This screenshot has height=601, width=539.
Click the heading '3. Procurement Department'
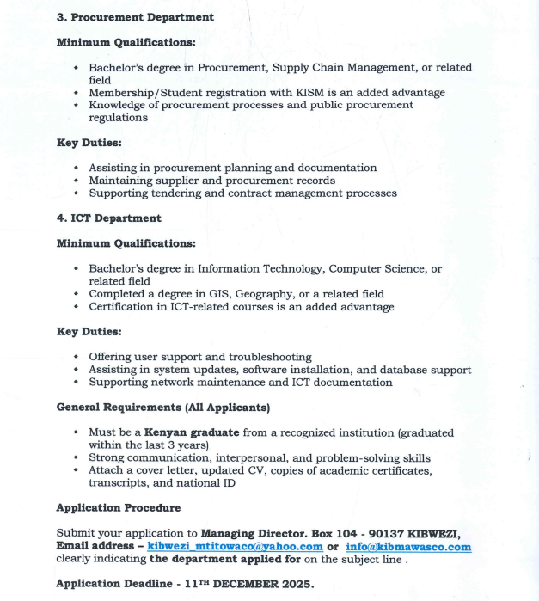(135, 17)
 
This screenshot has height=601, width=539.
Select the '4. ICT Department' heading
(108, 218)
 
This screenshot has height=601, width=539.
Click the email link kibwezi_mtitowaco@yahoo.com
(235, 547)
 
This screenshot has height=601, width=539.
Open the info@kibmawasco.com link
(408, 547)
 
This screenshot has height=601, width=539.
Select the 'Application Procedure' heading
(118, 508)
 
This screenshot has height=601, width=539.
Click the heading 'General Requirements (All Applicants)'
(162, 407)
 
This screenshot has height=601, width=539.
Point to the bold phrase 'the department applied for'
(227, 559)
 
